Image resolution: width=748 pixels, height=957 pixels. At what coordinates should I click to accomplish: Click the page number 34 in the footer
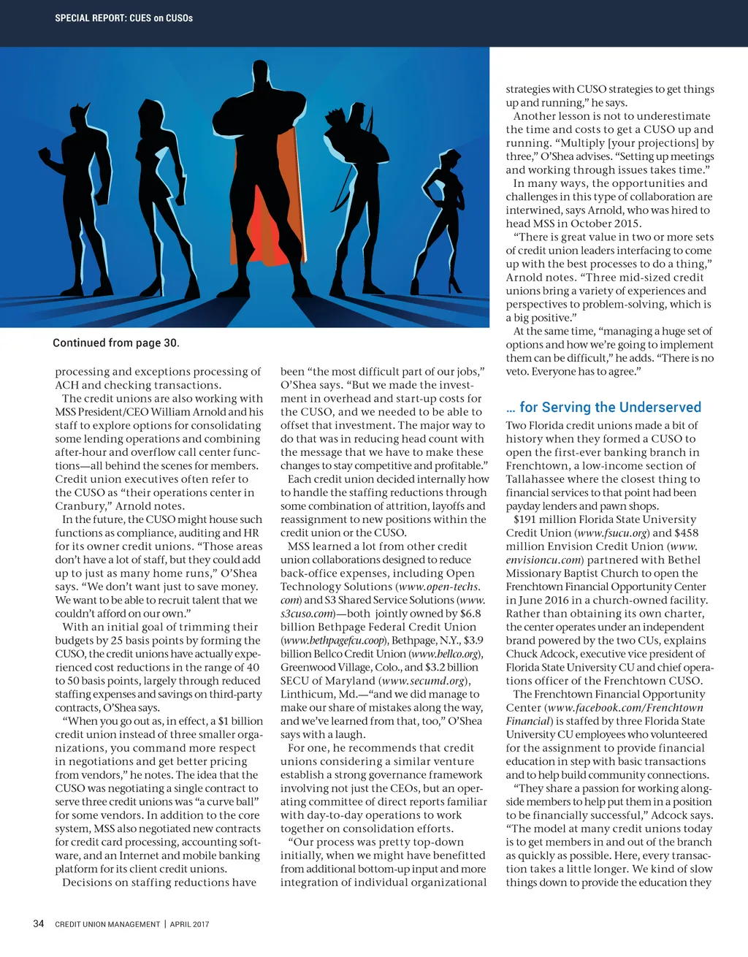39,923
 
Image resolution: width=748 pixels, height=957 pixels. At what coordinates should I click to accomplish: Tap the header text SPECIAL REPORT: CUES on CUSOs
123,18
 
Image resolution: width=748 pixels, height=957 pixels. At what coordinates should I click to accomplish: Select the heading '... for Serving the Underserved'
603,407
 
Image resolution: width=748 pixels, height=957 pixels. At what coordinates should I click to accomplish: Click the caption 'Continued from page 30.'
115,343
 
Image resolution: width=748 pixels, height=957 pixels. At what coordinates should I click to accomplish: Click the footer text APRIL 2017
190,924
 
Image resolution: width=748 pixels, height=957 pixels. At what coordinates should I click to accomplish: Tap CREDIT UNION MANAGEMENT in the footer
107,924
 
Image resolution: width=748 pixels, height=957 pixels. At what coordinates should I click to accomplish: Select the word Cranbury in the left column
80,506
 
